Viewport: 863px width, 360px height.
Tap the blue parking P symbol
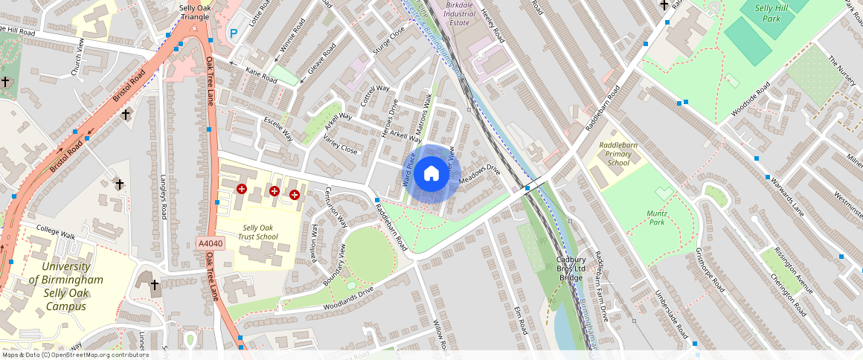pyautogui.click(x=234, y=33)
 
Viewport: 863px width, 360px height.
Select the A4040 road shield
pyautogui.click(x=211, y=243)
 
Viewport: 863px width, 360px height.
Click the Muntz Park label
pyautogui.click(x=655, y=217)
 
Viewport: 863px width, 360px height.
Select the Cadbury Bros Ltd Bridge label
pyautogui.click(x=571, y=269)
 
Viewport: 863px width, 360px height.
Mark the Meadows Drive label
pyautogui.click(x=481, y=174)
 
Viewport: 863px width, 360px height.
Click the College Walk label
pyautogui.click(x=56, y=233)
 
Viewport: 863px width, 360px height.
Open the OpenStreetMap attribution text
pyautogui.click(x=74, y=355)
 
